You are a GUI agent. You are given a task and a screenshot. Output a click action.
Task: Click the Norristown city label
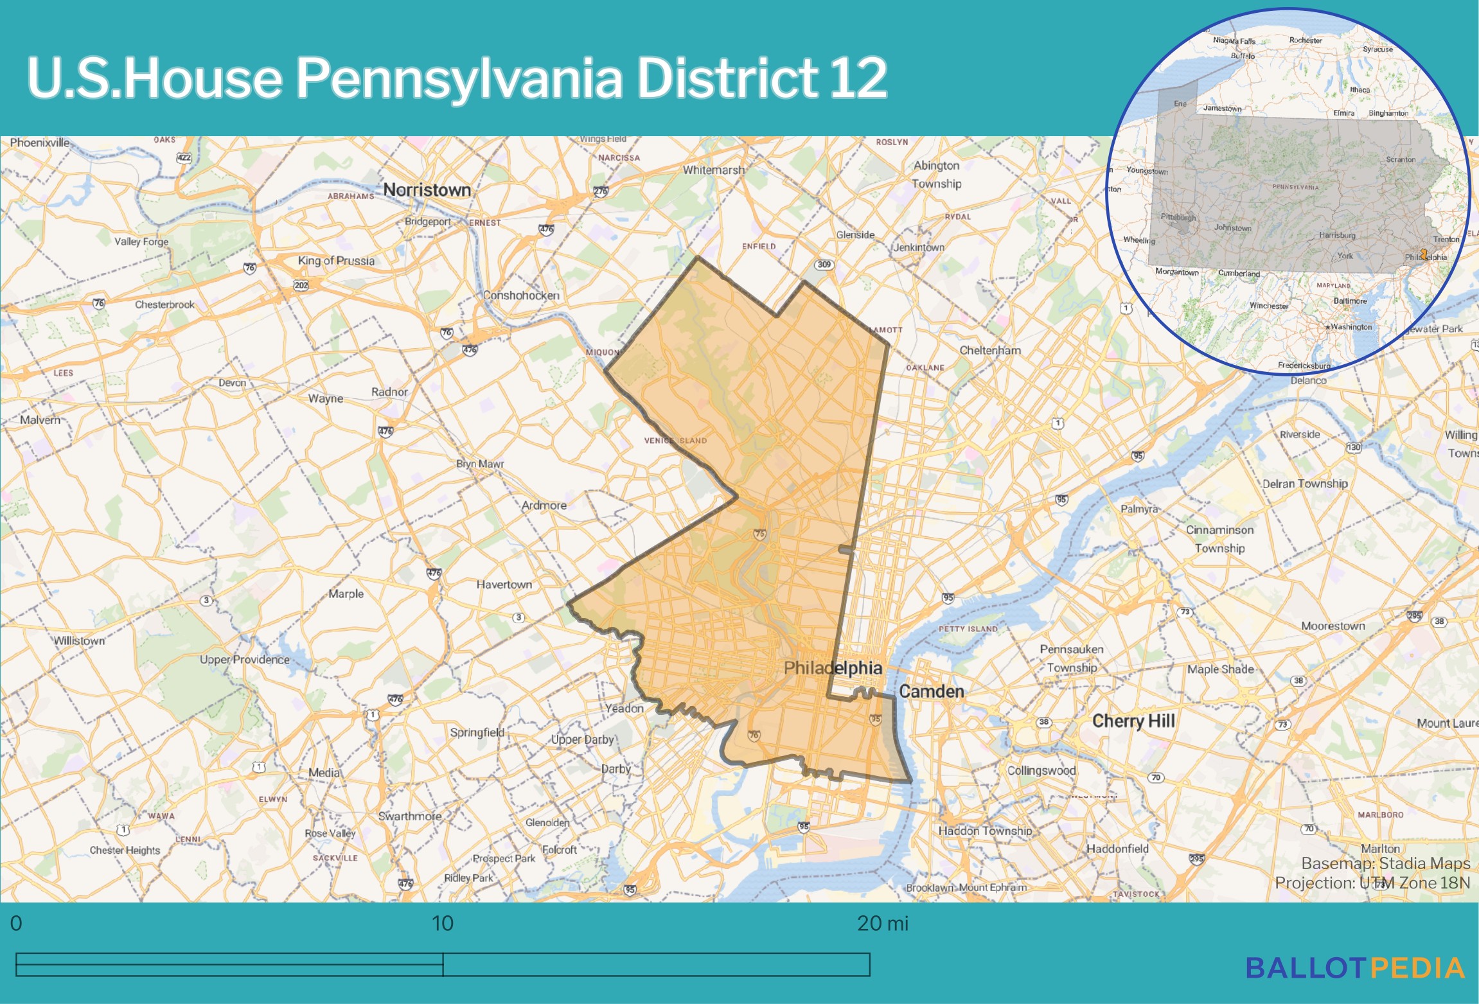[427, 190]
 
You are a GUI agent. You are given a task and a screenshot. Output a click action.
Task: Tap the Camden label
[931, 691]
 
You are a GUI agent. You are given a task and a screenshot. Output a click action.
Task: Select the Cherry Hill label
[1133, 721]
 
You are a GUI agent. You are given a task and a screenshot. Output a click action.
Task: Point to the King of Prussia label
[335, 261]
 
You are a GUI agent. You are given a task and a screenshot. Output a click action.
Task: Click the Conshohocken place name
[521, 295]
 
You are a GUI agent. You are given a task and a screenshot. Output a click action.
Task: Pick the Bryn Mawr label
[480, 464]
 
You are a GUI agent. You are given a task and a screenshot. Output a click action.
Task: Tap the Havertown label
[504, 585]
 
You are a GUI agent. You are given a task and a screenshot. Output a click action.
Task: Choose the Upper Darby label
[582, 739]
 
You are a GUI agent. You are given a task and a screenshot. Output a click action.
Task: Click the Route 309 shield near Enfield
[824, 265]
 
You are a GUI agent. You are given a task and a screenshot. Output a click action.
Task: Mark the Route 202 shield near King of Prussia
[301, 285]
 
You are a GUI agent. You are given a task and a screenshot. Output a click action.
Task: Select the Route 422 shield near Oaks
[184, 157]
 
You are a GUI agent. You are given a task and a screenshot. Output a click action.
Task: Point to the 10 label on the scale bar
[442, 923]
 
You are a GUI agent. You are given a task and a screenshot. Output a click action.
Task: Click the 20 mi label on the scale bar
[882, 923]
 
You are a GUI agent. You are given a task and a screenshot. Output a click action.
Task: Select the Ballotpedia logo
[1355, 968]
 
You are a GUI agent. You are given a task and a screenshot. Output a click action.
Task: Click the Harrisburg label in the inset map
[1336, 235]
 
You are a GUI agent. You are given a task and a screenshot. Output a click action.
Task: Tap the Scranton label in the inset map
[1400, 159]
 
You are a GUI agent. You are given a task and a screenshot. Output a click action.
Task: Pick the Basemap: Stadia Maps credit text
[1385, 863]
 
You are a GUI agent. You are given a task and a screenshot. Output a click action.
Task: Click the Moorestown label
[1333, 626]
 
